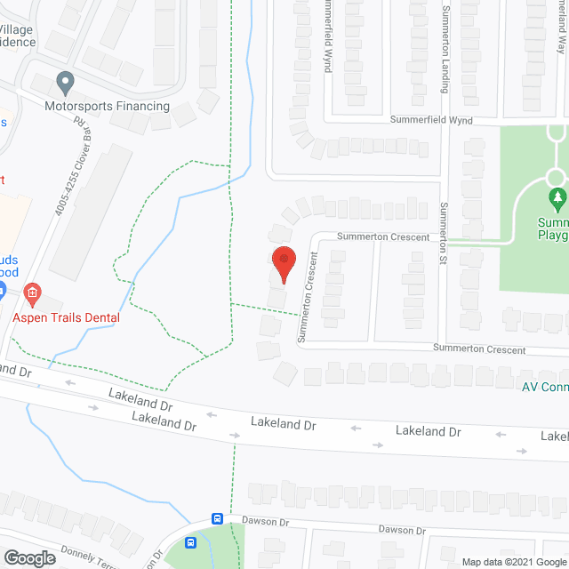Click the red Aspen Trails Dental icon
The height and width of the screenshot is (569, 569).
[x=32, y=292]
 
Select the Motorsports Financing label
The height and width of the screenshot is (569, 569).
[x=107, y=106]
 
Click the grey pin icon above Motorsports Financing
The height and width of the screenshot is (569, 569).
[x=64, y=84]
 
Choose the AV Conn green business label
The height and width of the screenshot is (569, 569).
[x=544, y=386]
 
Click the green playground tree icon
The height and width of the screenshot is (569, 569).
[x=557, y=196]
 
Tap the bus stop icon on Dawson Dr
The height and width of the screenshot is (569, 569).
[x=217, y=518]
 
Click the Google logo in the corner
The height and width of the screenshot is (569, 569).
[x=29, y=558]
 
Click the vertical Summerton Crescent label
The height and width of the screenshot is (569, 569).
[x=308, y=297]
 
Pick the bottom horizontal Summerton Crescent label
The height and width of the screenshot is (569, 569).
[x=479, y=349]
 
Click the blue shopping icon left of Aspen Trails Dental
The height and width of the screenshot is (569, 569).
[x=3, y=290]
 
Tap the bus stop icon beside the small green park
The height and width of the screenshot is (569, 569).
[x=190, y=542]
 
